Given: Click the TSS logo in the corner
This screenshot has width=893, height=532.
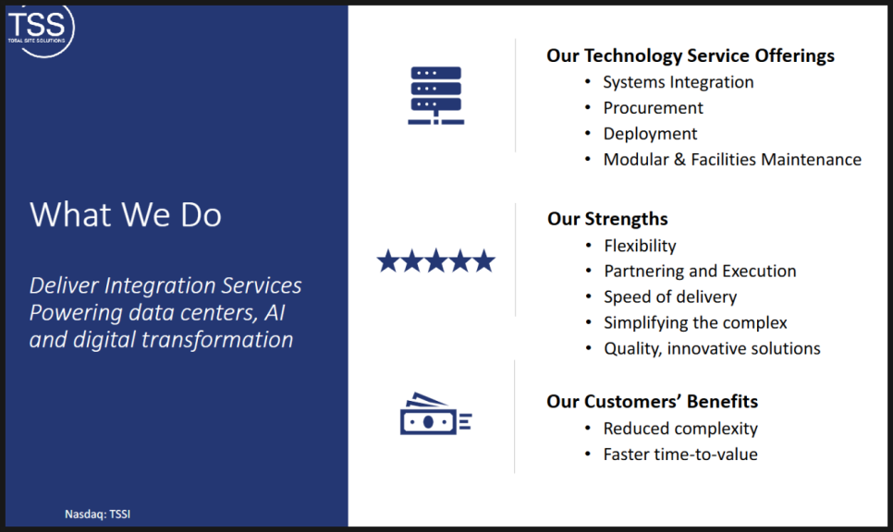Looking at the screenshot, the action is tap(40, 30).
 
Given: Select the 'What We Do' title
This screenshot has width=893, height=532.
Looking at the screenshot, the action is tap(126, 215).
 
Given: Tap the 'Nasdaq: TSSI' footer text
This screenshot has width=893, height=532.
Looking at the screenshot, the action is tap(97, 514).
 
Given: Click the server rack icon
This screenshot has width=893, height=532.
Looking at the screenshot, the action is tap(436, 95).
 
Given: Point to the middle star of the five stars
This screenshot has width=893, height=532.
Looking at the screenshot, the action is tap(436, 260).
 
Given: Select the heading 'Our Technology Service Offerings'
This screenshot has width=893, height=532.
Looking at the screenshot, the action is tap(691, 55).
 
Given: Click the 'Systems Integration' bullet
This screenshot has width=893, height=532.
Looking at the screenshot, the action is tap(679, 82).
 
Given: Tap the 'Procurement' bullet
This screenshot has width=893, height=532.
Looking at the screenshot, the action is tap(654, 108).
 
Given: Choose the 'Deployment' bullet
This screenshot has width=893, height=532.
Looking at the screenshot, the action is tap(651, 134).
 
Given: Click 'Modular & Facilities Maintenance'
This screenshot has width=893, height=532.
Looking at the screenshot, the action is tap(732, 159).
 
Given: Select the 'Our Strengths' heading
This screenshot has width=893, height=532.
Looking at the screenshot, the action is tap(607, 219).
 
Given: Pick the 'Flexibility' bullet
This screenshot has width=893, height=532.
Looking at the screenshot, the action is tap(640, 246).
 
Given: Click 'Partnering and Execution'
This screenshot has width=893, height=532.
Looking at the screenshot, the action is tap(700, 272).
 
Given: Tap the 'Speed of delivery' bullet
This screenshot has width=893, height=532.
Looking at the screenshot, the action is tap(670, 297).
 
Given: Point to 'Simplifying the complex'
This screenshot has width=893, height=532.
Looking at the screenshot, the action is tap(695, 322).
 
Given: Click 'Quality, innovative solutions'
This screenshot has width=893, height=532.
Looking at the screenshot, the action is tap(712, 348).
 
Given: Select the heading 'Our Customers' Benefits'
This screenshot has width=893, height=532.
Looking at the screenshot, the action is tap(652, 402).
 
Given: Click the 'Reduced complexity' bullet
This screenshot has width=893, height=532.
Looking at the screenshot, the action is tap(680, 429).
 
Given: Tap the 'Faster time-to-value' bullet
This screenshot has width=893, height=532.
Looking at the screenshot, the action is tap(680, 454).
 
